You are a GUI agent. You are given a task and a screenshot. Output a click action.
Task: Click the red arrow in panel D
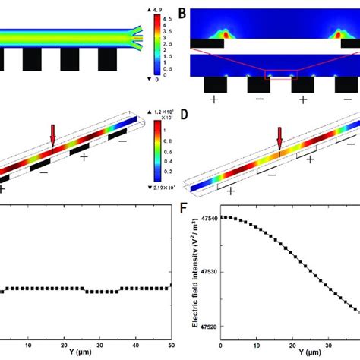(x=279, y=139)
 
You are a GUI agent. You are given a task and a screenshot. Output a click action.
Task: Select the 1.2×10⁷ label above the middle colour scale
(x=161, y=113)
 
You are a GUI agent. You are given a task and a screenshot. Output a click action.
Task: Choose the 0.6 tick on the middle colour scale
(x=159, y=152)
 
